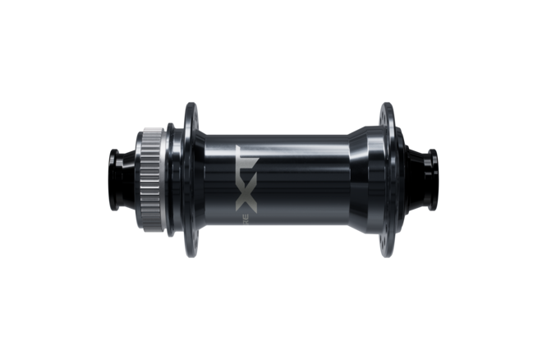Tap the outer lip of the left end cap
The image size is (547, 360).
coord(108,181)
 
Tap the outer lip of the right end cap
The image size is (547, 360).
coord(440,181)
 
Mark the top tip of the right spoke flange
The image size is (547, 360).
coord(387,105)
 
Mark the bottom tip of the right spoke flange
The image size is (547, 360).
coord(387,256)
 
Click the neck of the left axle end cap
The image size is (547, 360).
coord(127,181)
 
